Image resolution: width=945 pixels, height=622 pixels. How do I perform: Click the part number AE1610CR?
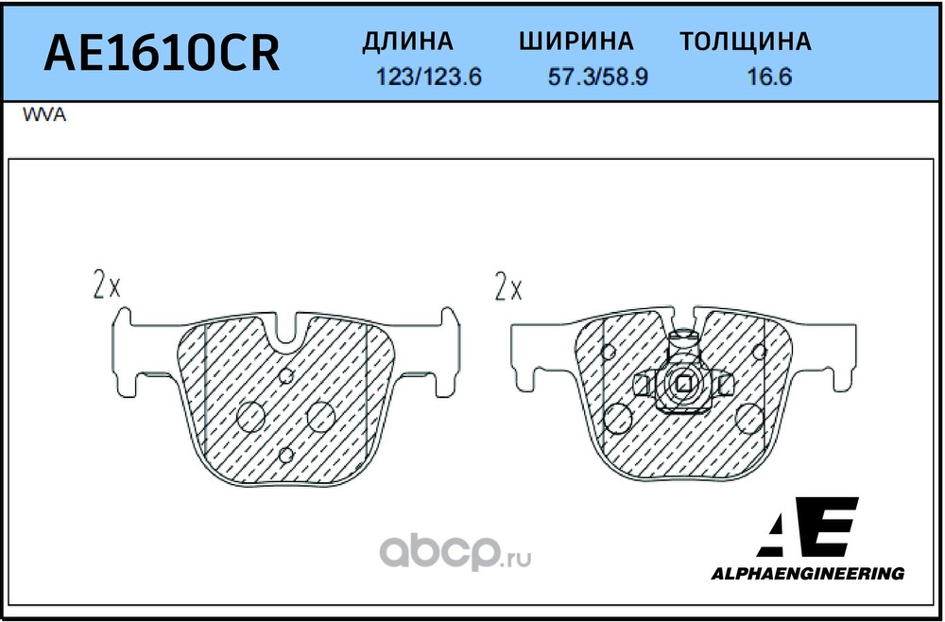(x=163, y=54)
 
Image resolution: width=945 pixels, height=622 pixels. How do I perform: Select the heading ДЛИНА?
(x=408, y=42)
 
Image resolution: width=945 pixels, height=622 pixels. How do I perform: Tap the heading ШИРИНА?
(x=576, y=42)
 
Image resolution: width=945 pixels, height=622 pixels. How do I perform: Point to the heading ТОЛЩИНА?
(x=746, y=42)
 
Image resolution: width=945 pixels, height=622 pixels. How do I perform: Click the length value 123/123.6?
(x=429, y=78)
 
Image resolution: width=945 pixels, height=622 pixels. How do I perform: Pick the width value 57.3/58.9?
(x=598, y=78)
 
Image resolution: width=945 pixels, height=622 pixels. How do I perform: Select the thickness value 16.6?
(x=769, y=78)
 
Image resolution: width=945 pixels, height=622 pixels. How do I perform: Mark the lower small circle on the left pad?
(x=287, y=455)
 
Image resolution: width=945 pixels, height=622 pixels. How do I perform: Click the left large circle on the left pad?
(x=251, y=414)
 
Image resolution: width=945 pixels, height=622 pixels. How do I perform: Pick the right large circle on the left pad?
(x=321, y=414)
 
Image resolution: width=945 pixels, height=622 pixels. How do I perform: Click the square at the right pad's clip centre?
(x=682, y=383)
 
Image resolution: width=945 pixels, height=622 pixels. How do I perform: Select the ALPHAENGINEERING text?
(x=807, y=573)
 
